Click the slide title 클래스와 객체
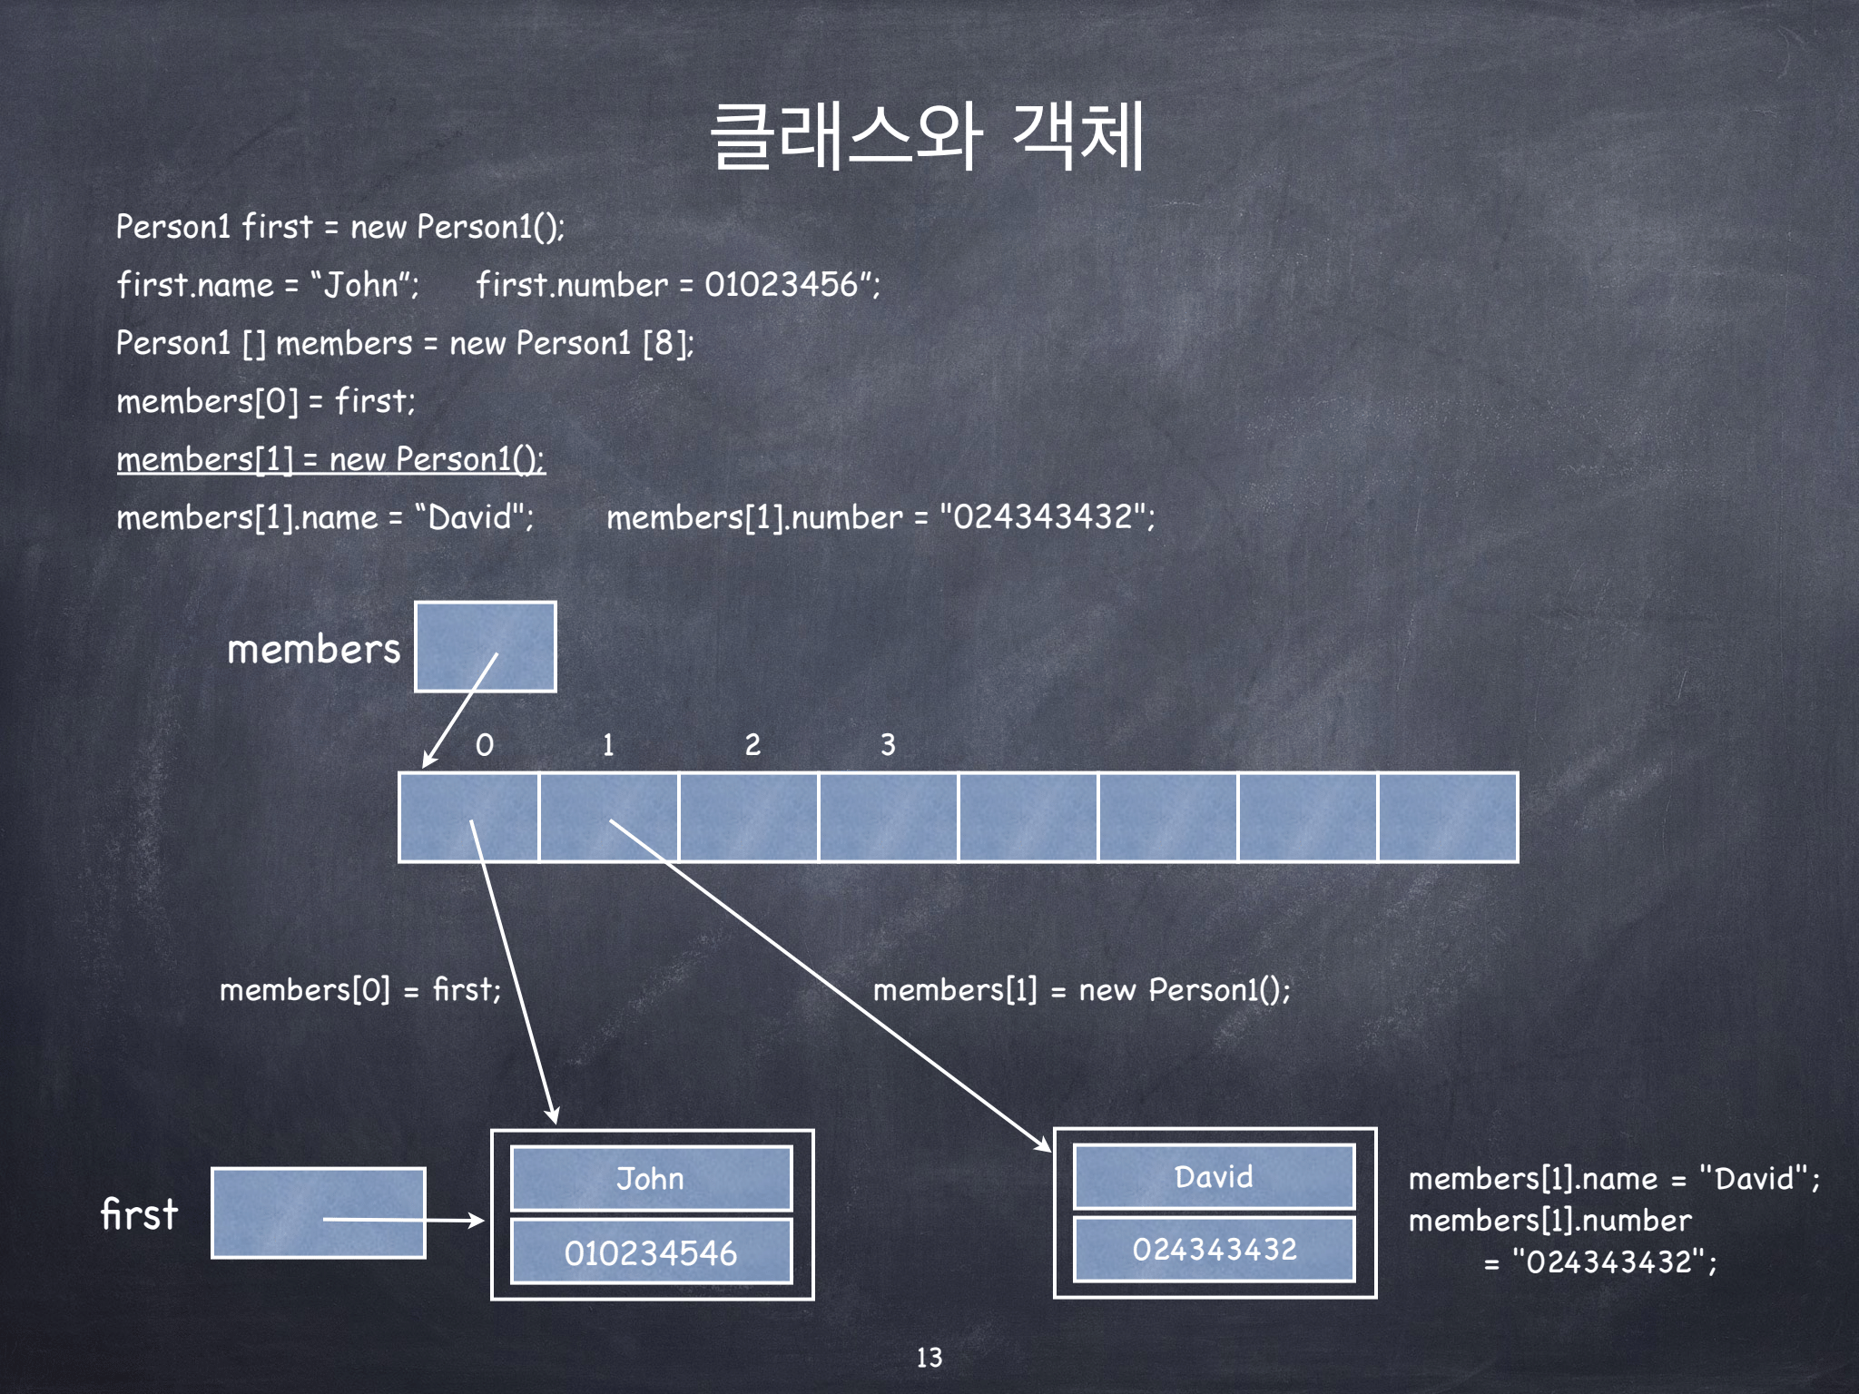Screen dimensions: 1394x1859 tap(928, 136)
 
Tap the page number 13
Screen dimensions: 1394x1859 tap(929, 1357)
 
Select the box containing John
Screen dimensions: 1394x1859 tap(651, 1178)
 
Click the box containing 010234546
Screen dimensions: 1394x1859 tap(651, 1252)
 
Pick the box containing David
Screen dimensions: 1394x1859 tap(1214, 1176)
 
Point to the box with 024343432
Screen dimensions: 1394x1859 tap(1214, 1249)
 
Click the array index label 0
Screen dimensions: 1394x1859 tap(485, 745)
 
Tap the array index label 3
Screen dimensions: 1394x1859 tap(888, 745)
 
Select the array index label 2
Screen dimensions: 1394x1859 tap(752, 745)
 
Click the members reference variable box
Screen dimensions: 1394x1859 tap(486, 646)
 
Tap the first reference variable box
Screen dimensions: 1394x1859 tap(318, 1212)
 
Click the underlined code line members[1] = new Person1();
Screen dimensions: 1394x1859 tap(330, 459)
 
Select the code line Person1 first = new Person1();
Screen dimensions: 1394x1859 tap(340, 227)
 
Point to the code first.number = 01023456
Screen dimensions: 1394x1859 tap(677, 285)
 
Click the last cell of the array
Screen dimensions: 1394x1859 tap(1448, 817)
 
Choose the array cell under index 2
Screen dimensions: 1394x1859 tap(749, 817)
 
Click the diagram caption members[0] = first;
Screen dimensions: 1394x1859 tap(359, 989)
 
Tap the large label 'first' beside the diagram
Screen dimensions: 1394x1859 tap(139, 1214)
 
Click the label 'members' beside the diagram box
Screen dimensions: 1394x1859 tap(313, 649)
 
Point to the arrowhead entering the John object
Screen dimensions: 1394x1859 tap(553, 1116)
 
